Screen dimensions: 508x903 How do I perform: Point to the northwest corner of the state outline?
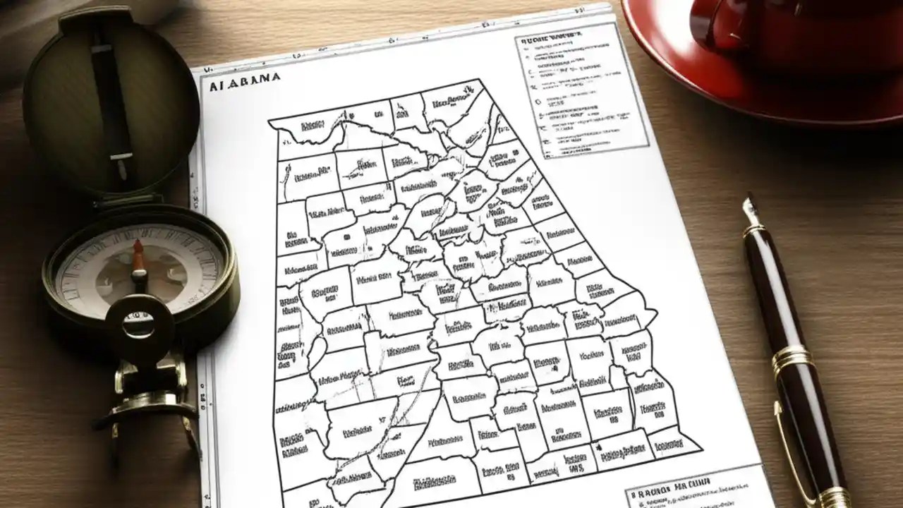point(270,120)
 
